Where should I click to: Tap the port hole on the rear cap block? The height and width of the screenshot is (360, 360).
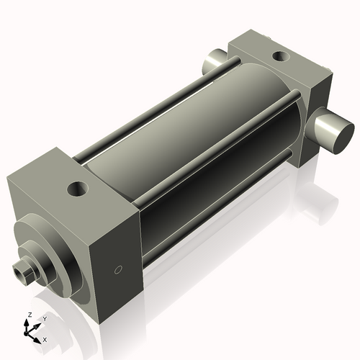pyautogui.click(x=278, y=55)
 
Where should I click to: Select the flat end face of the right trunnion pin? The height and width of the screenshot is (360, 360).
pyautogui.click(x=337, y=135)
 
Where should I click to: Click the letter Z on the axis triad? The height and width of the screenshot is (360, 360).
pyautogui.click(x=28, y=315)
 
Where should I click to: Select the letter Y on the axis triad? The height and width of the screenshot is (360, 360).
pyautogui.click(x=44, y=318)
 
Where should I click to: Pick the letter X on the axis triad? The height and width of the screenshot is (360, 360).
pyautogui.click(x=45, y=338)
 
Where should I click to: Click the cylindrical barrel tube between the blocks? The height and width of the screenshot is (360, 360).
pyautogui.click(x=194, y=144)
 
